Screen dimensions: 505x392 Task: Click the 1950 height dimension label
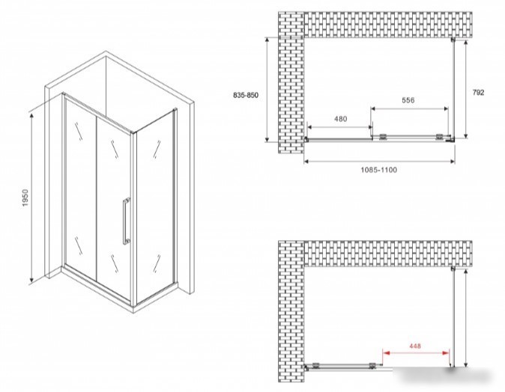25,197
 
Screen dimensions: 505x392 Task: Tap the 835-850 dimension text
246,95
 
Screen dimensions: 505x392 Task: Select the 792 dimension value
478,93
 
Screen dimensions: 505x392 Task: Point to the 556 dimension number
408,100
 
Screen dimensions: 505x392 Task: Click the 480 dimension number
340,119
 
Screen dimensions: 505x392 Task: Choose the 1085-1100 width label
379,170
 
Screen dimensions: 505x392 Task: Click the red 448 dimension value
415,346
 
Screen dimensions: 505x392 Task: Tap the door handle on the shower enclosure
126,221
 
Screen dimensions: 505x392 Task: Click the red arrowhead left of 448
386,353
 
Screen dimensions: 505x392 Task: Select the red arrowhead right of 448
446,353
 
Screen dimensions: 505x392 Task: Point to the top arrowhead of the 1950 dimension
31,116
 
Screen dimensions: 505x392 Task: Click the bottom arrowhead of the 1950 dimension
31,281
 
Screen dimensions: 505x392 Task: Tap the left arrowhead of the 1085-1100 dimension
307,162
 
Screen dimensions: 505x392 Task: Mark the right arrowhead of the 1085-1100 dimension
452,162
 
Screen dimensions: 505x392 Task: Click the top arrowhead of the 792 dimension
466,43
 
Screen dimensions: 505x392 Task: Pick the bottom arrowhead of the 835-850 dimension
267,138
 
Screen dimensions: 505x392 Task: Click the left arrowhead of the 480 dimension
310,127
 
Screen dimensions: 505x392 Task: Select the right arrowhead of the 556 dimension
445,108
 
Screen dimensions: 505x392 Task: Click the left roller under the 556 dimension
383,137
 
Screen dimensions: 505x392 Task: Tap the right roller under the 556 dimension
438,137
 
